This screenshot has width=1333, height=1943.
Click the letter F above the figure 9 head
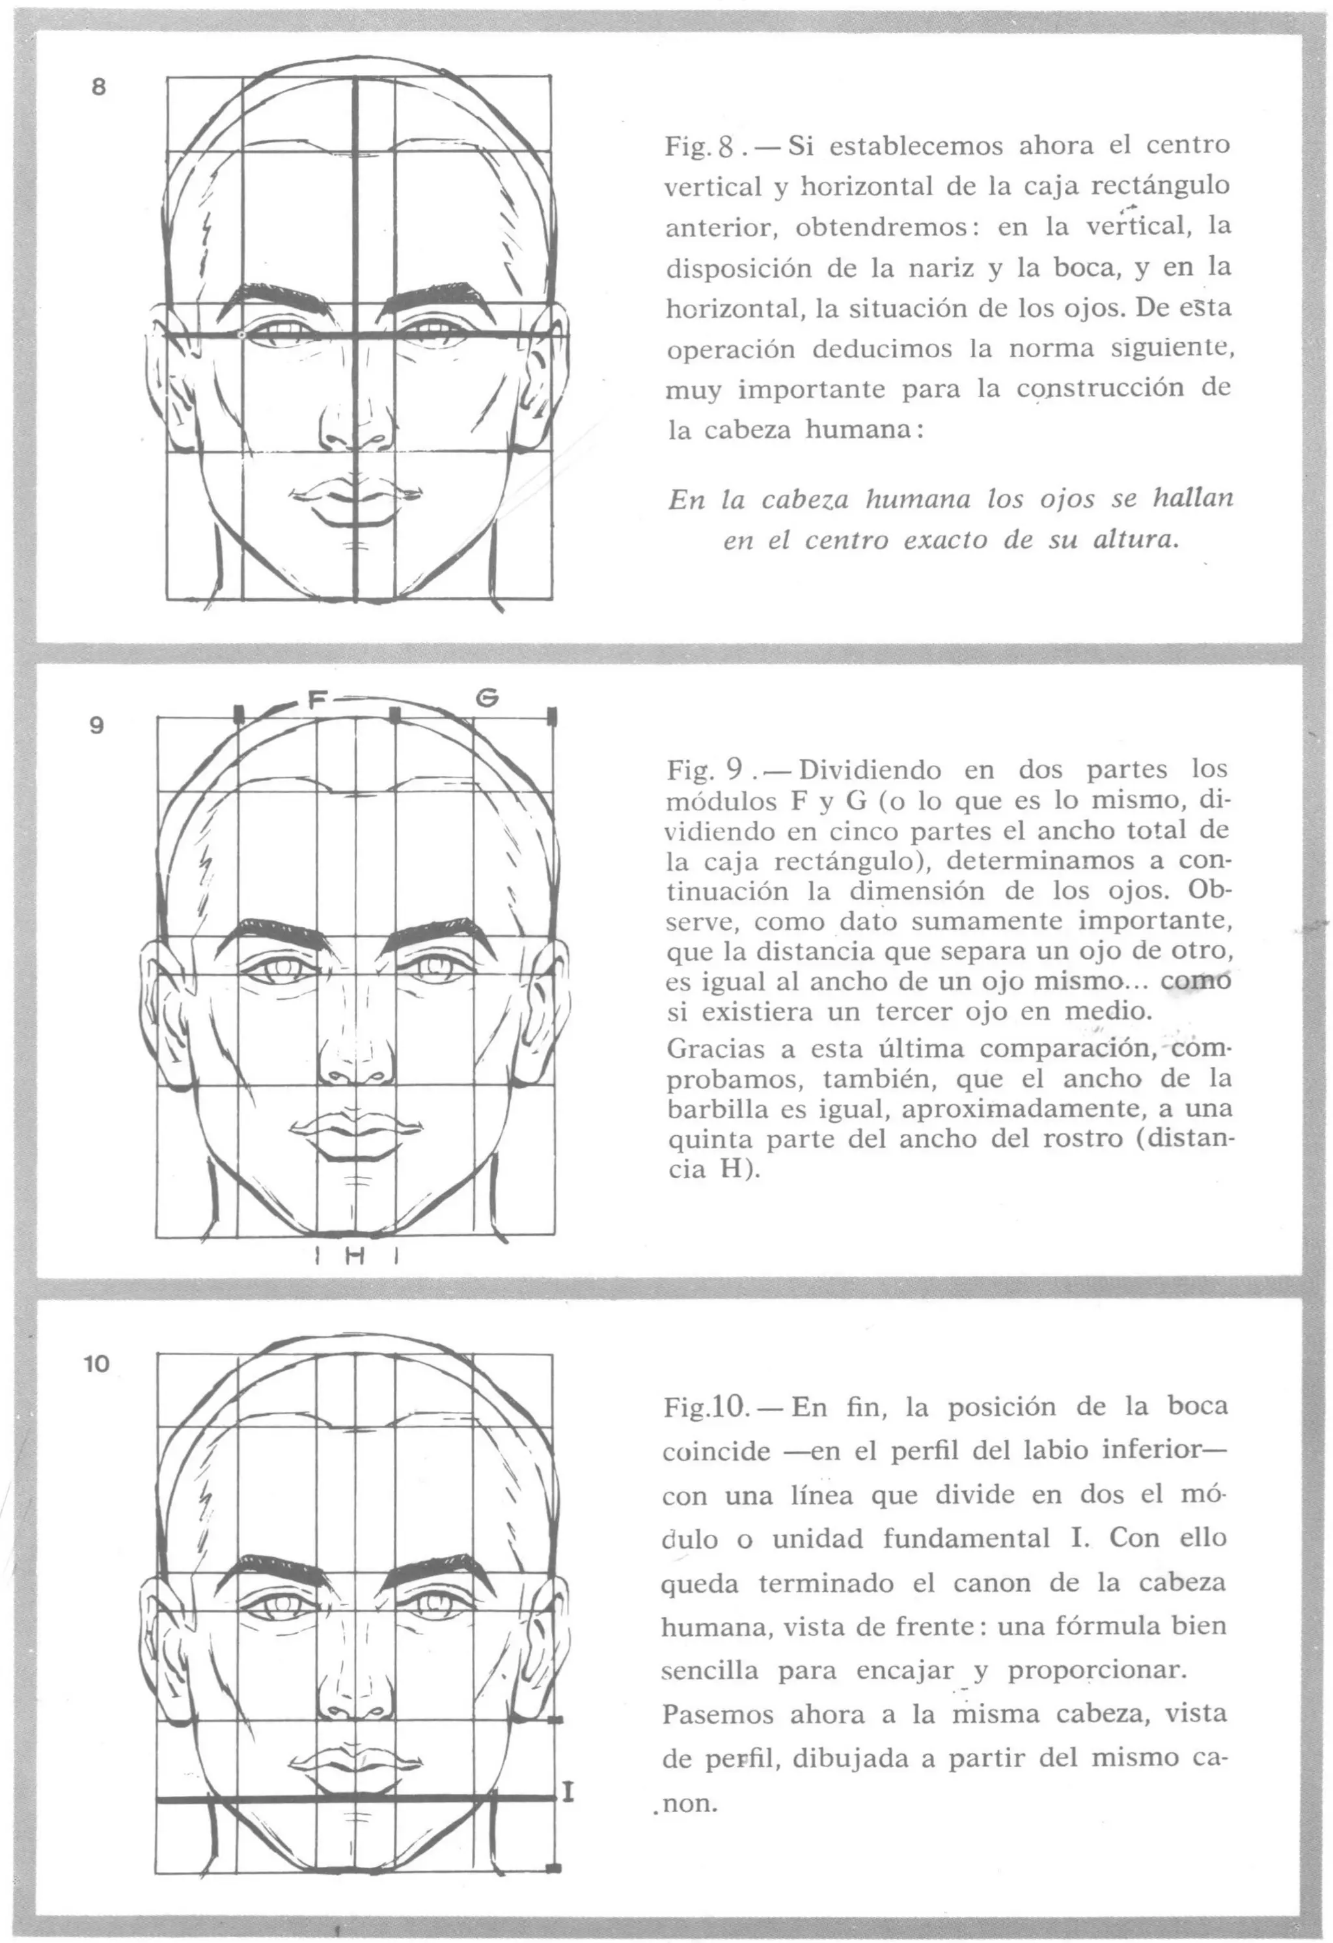316,700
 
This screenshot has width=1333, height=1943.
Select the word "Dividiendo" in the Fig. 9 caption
872,769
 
